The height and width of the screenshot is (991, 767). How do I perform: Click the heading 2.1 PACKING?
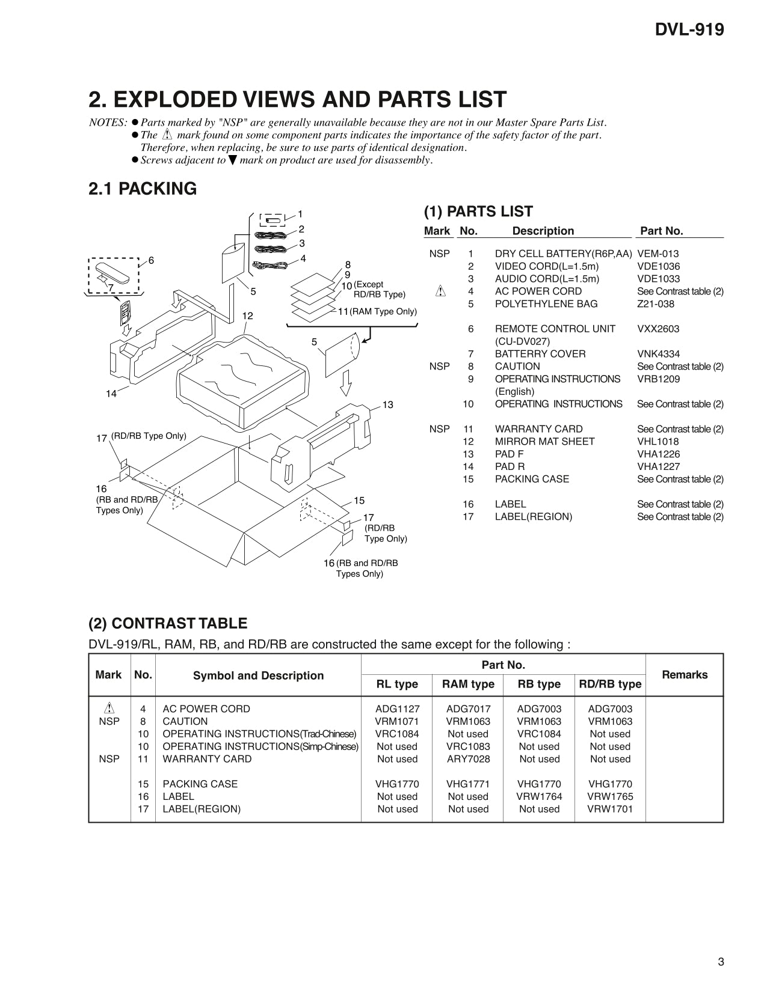coord(143,189)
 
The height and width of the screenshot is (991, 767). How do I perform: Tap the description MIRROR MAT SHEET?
coord(544,442)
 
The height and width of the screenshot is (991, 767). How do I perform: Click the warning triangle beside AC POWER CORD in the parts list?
coord(440,291)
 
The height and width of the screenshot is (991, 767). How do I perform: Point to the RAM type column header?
coord(468,684)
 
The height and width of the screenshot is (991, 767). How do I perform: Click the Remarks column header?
coord(685,675)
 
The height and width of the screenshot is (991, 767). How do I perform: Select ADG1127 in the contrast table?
coord(397,709)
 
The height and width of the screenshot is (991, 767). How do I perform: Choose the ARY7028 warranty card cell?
coord(468,759)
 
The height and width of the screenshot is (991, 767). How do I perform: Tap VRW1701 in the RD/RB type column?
coord(610,809)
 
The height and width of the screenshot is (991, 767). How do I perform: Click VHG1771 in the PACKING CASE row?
coord(468,784)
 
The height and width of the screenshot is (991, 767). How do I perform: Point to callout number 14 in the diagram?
coord(111,394)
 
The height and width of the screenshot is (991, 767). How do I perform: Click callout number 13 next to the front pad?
coord(387,405)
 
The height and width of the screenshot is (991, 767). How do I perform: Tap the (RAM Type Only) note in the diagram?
coord(383,311)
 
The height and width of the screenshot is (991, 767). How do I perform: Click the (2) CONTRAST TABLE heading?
coord(168,623)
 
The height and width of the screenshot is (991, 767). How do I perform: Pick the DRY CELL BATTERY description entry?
coord(563,254)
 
